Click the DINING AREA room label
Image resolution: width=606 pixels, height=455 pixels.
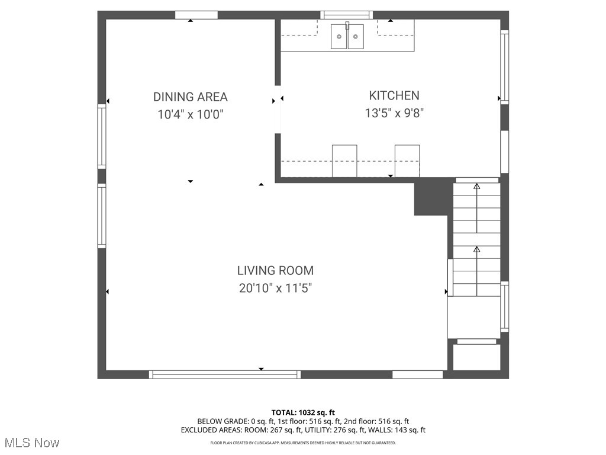(x=190, y=97)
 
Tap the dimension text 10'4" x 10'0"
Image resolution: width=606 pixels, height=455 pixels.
(x=190, y=115)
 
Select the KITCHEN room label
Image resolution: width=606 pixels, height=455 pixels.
(x=394, y=95)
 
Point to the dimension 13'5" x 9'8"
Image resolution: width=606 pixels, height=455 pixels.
(x=394, y=113)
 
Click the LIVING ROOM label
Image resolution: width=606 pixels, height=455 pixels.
(x=275, y=271)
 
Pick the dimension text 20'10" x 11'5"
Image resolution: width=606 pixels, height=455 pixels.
(x=275, y=289)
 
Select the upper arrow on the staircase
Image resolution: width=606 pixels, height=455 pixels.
(x=477, y=207)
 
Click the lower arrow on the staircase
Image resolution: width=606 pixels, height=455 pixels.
(x=477, y=270)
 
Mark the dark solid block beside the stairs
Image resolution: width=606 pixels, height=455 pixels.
(x=431, y=197)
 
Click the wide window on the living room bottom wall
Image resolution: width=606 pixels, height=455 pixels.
(x=225, y=374)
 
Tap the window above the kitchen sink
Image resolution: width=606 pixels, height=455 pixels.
(x=347, y=15)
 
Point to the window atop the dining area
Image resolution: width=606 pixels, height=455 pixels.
(x=196, y=15)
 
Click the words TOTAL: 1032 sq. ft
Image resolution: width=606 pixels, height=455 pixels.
(x=303, y=412)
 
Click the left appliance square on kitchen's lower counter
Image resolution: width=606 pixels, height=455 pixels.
(x=344, y=161)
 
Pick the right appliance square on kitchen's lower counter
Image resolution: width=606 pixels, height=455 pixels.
(x=407, y=161)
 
